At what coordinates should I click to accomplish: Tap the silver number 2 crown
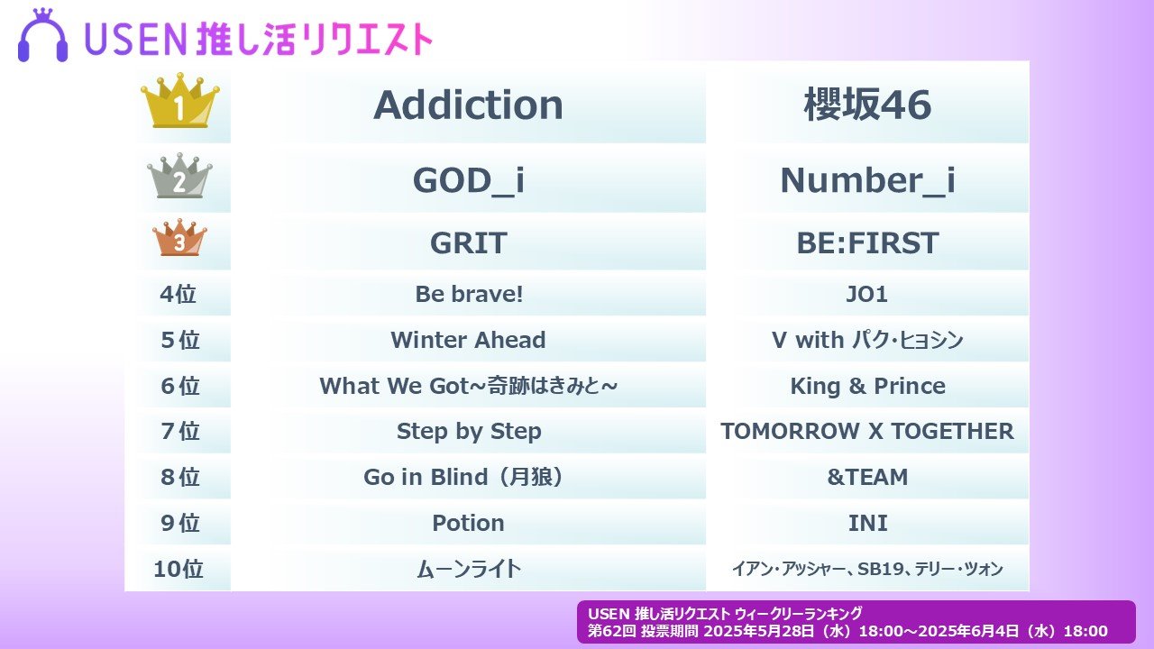pyautogui.click(x=179, y=176)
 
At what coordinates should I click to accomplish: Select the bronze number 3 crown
pyautogui.click(x=179, y=237)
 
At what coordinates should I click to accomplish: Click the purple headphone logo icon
pyautogui.click(x=42, y=35)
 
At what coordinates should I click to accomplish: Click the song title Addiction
pyautogui.click(x=468, y=105)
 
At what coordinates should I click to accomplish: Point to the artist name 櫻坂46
pyautogui.click(x=867, y=105)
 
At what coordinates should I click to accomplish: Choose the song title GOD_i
pyautogui.click(x=468, y=181)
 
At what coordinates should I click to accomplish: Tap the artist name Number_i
pyautogui.click(x=867, y=181)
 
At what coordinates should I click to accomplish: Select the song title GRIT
pyautogui.click(x=468, y=243)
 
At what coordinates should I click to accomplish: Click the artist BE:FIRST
pyautogui.click(x=867, y=243)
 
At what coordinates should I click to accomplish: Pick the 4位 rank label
pyautogui.click(x=179, y=294)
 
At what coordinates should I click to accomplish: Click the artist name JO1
pyautogui.click(x=867, y=294)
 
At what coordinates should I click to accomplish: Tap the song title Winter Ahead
pyautogui.click(x=468, y=340)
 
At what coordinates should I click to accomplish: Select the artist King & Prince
pyautogui.click(x=867, y=386)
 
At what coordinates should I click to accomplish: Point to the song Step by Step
pyautogui.click(x=469, y=432)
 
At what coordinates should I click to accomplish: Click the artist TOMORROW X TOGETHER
pyautogui.click(x=867, y=432)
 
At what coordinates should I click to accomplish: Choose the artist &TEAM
pyautogui.click(x=867, y=477)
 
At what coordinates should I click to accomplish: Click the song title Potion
pyautogui.click(x=468, y=523)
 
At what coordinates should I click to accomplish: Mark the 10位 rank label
pyautogui.click(x=179, y=569)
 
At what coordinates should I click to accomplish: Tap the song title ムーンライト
pyautogui.click(x=469, y=569)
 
